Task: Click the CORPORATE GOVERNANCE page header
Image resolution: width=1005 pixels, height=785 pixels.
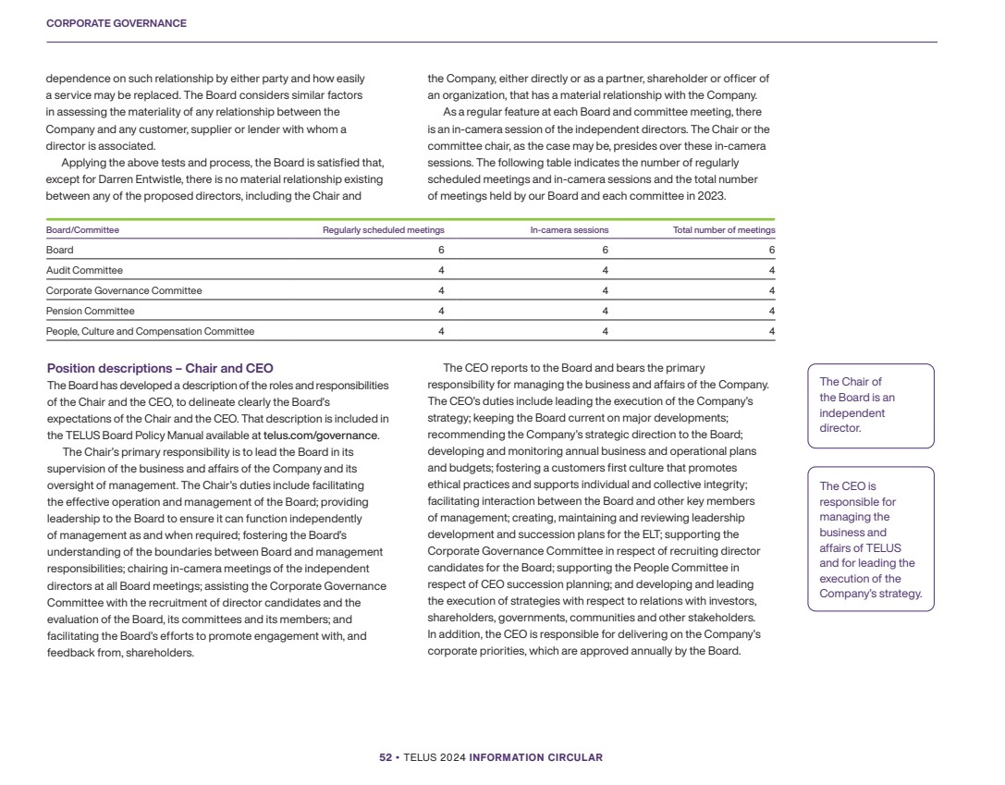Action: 116,23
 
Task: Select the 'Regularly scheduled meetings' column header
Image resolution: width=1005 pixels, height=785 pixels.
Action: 383,230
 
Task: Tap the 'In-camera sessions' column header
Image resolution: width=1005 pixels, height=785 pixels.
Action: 569,230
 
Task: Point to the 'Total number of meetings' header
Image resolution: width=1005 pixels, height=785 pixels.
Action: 724,230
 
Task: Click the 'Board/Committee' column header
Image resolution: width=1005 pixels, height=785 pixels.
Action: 82,230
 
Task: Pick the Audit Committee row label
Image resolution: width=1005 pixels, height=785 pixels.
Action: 84,270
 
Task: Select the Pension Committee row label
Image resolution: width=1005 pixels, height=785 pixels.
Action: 90,311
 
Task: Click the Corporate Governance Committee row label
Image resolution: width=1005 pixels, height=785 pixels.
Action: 124,290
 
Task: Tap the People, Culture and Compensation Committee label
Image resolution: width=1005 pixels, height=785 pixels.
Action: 150,331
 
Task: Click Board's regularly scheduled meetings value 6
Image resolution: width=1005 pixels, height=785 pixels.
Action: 441,250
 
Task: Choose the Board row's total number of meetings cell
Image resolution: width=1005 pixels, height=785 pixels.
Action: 771,250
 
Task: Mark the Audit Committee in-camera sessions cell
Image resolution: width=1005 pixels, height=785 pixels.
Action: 605,270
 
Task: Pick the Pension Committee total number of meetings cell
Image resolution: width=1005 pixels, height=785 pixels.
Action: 771,311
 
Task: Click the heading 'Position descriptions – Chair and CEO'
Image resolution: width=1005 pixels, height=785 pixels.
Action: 160,369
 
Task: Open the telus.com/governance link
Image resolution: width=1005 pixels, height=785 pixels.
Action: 321,435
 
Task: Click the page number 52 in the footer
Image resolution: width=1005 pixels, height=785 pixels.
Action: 386,758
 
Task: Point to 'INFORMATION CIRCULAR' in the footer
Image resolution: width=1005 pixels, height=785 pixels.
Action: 535,758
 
